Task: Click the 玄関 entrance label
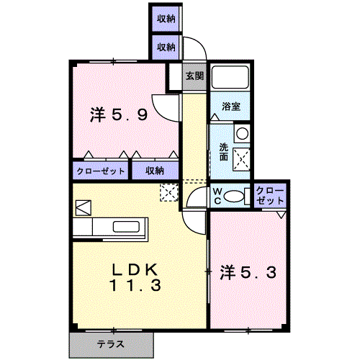(194, 76)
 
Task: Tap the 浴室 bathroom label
(230, 107)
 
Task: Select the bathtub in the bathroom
(230, 76)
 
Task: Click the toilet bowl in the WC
(234, 196)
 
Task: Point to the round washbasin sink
(242, 133)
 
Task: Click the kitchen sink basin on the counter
(126, 227)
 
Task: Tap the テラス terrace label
(111, 344)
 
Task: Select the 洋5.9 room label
(119, 114)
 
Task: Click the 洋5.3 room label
(248, 273)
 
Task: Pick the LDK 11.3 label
(135, 277)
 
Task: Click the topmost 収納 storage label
(166, 19)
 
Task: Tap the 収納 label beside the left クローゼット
(155, 171)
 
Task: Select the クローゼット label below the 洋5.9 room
(101, 171)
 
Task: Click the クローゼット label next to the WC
(270, 196)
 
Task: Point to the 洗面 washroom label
(224, 152)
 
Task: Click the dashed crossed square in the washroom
(242, 160)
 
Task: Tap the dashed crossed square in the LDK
(169, 192)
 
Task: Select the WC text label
(217, 196)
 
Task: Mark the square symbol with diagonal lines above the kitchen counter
(84, 208)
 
